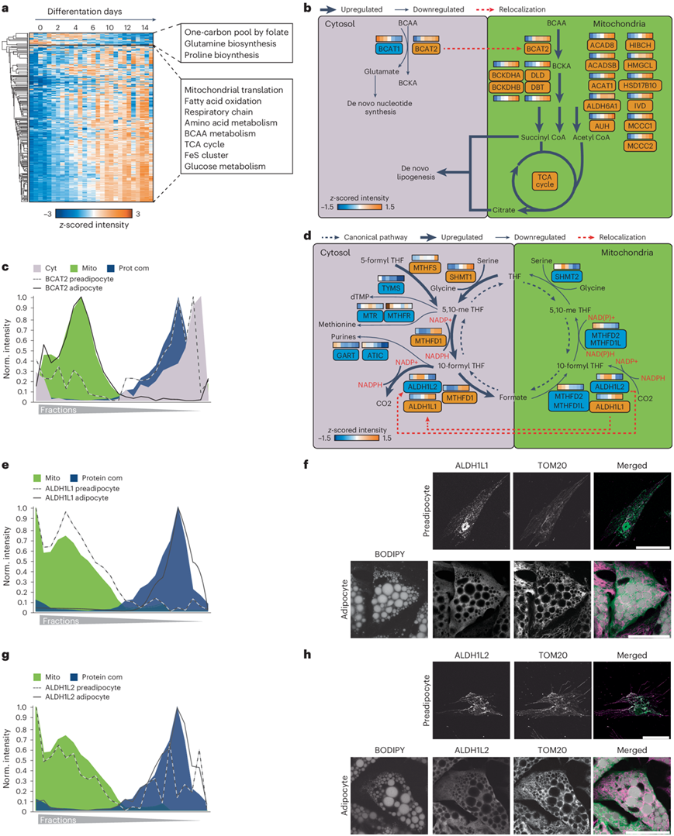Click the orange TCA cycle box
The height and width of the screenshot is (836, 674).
click(545, 181)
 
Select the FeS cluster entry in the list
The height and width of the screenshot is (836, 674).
click(210, 155)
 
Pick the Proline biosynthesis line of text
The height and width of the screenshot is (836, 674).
click(230, 57)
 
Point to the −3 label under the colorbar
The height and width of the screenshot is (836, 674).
click(44, 213)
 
